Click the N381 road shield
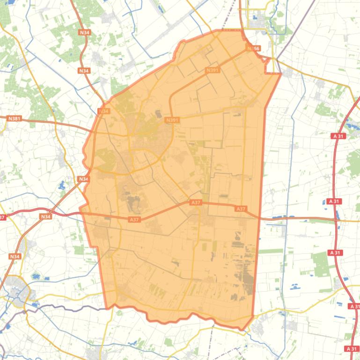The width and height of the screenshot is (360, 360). tap(15, 119)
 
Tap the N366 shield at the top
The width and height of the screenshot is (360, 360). tap(253, 48)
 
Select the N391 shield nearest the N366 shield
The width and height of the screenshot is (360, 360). tap(213, 70)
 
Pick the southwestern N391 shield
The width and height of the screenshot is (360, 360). tap(172, 120)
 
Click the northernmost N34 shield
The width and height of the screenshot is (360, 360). tap(84, 32)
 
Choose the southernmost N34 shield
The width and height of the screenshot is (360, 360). tap(15, 256)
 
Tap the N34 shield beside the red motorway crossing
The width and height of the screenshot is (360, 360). tap(45, 216)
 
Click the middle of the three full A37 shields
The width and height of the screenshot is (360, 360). tap(196, 202)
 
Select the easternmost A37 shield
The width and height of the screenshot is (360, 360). tap(241, 209)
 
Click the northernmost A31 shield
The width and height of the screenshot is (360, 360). tap(338, 136)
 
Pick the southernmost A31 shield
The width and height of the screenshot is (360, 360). tap(351, 349)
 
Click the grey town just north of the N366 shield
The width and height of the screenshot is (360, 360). tap(257, 24)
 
